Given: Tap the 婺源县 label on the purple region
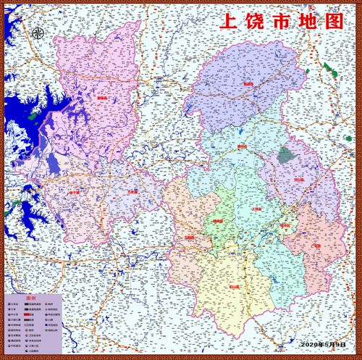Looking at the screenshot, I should click(248, 84).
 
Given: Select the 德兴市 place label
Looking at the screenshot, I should click(242, 146).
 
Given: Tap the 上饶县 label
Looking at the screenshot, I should click(254, 209).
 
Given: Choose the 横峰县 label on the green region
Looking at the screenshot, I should click(217, 221).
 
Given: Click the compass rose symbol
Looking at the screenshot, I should click(38, 32).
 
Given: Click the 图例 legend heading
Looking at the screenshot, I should click(30, 298).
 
